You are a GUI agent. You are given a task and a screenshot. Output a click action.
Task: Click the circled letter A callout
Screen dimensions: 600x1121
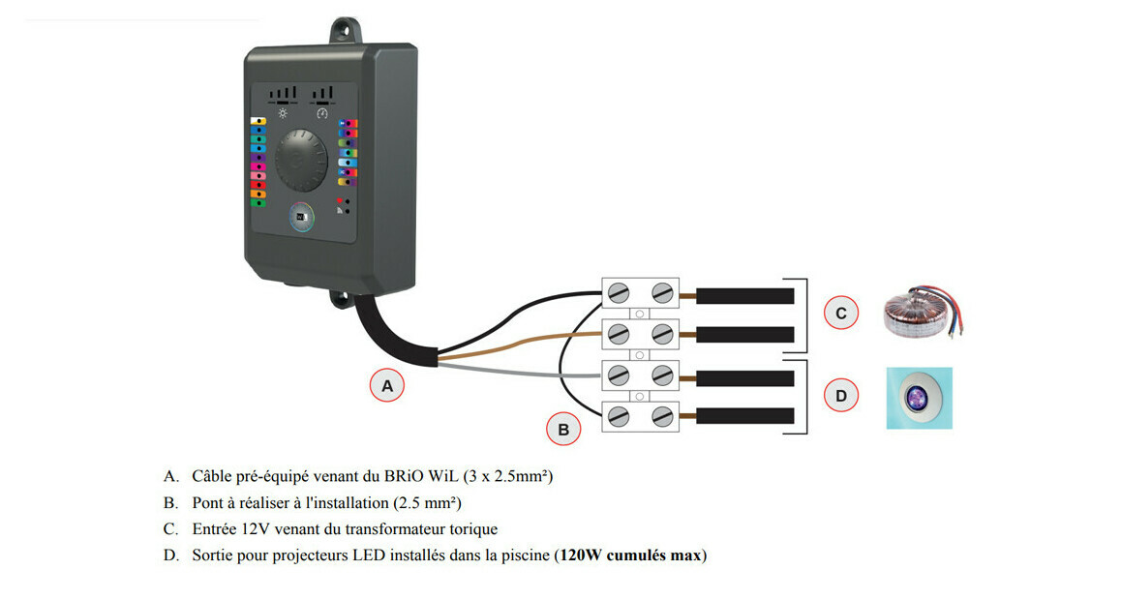(387, 385)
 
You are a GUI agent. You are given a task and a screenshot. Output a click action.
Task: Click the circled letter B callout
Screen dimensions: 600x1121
(562, 428)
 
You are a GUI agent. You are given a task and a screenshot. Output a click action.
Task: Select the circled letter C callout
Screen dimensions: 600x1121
(840, 314)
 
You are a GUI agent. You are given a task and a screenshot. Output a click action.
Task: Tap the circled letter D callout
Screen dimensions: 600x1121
(840, 395)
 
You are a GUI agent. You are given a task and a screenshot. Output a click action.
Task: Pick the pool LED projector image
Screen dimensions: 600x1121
(919, 397)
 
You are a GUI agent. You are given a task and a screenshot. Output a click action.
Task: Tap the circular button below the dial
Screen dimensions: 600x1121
(302, 217)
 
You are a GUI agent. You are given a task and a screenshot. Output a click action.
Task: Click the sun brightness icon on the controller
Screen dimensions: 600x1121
(284, 112)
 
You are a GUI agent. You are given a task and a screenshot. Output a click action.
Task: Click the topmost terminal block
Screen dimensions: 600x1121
(640, 292)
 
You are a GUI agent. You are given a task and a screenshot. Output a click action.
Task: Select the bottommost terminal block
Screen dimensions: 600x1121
(640, 416)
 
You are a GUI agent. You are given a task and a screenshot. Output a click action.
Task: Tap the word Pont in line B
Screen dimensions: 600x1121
(208, 502)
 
